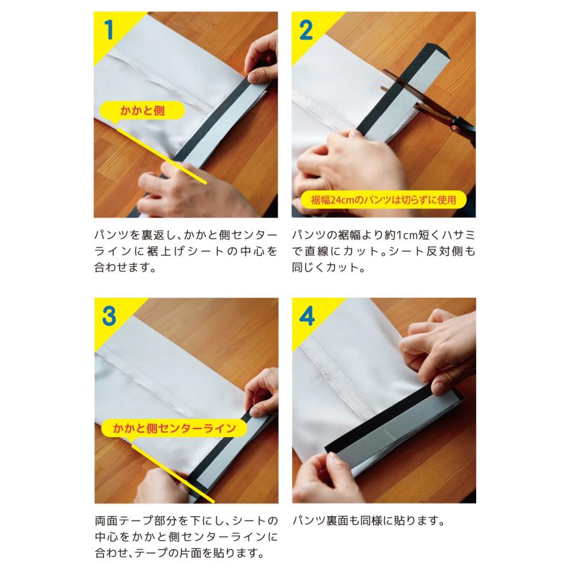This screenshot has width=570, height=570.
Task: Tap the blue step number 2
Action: (x=306, y=30)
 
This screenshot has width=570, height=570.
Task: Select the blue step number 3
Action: (x=109, y=316)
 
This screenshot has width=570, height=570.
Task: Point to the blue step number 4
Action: (x=307, y=316)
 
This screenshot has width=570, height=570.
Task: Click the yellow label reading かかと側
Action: (x=142, y=110)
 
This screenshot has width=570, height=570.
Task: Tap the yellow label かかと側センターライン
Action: (x=175, y=428)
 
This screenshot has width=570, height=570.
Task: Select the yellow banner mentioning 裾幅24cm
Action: (x=384, y=199)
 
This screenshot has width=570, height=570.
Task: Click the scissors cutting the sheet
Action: (x=429, y=104)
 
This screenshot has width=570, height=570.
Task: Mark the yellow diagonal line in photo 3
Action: (x=173, y=473)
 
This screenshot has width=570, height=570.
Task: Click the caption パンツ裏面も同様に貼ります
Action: (x=369, y=521)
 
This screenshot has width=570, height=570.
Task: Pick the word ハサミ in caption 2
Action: (x=459, y=235)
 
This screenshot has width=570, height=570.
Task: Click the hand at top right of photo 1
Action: (x=261, y=58)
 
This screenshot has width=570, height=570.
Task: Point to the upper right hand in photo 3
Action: (x=262, y=393)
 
